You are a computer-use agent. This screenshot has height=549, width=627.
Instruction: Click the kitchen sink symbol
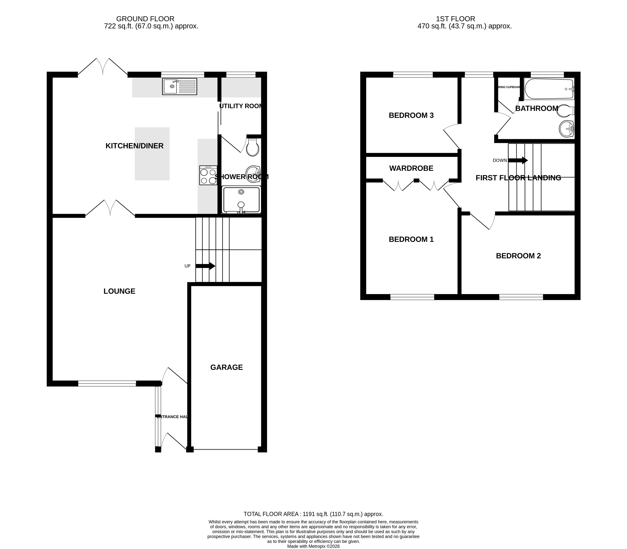pyautogui.click(x=179, y=86)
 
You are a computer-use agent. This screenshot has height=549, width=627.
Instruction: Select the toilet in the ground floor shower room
pyautogui.click(x=253, y=148)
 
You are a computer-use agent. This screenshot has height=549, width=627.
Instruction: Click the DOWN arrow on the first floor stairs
pyautogui.click(x=518, y=160)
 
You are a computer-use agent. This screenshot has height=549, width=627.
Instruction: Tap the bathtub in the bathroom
pyautogui.click(x=549, y=89)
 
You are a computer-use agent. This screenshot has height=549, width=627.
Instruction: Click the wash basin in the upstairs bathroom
pyautogui.click(x=566, y=129)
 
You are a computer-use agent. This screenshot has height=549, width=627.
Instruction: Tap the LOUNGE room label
pyautogui.click(x=119, y=291)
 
